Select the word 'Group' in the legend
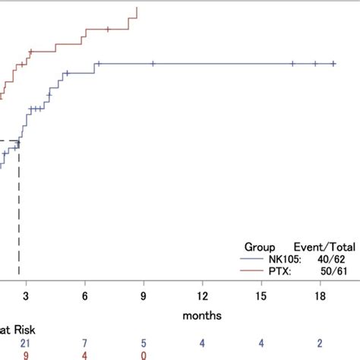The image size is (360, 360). pos(259,247)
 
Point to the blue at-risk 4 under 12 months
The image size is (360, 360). pos(202,343)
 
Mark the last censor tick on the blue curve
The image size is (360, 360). pos(333,64)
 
